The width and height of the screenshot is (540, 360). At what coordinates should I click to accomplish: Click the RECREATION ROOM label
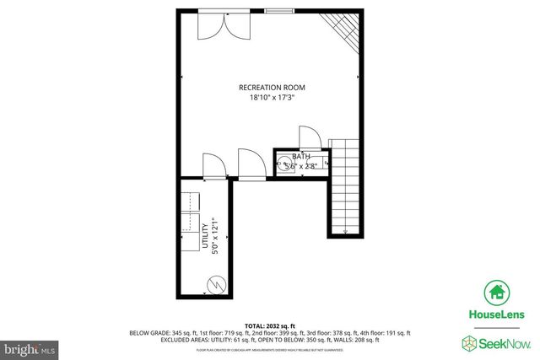tap(271, 88)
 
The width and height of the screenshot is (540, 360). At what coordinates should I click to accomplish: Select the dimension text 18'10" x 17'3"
tap(271, 98)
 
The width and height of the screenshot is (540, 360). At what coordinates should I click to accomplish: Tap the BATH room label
tap(301, 157)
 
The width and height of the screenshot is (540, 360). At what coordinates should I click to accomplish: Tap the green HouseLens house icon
tap(496, 293)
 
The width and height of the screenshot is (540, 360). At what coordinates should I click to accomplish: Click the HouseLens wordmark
tap(497, 315)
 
